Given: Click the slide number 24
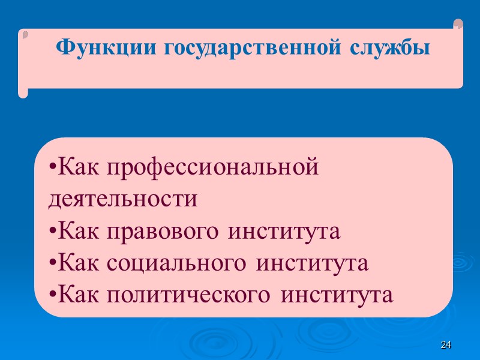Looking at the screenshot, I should coord(445,345).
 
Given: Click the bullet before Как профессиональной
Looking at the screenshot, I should coord(52,167).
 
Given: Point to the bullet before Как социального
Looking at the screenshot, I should coord(52,263).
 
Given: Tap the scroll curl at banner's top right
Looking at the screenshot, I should coord(458,25).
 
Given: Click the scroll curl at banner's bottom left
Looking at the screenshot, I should coord(23,92).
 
